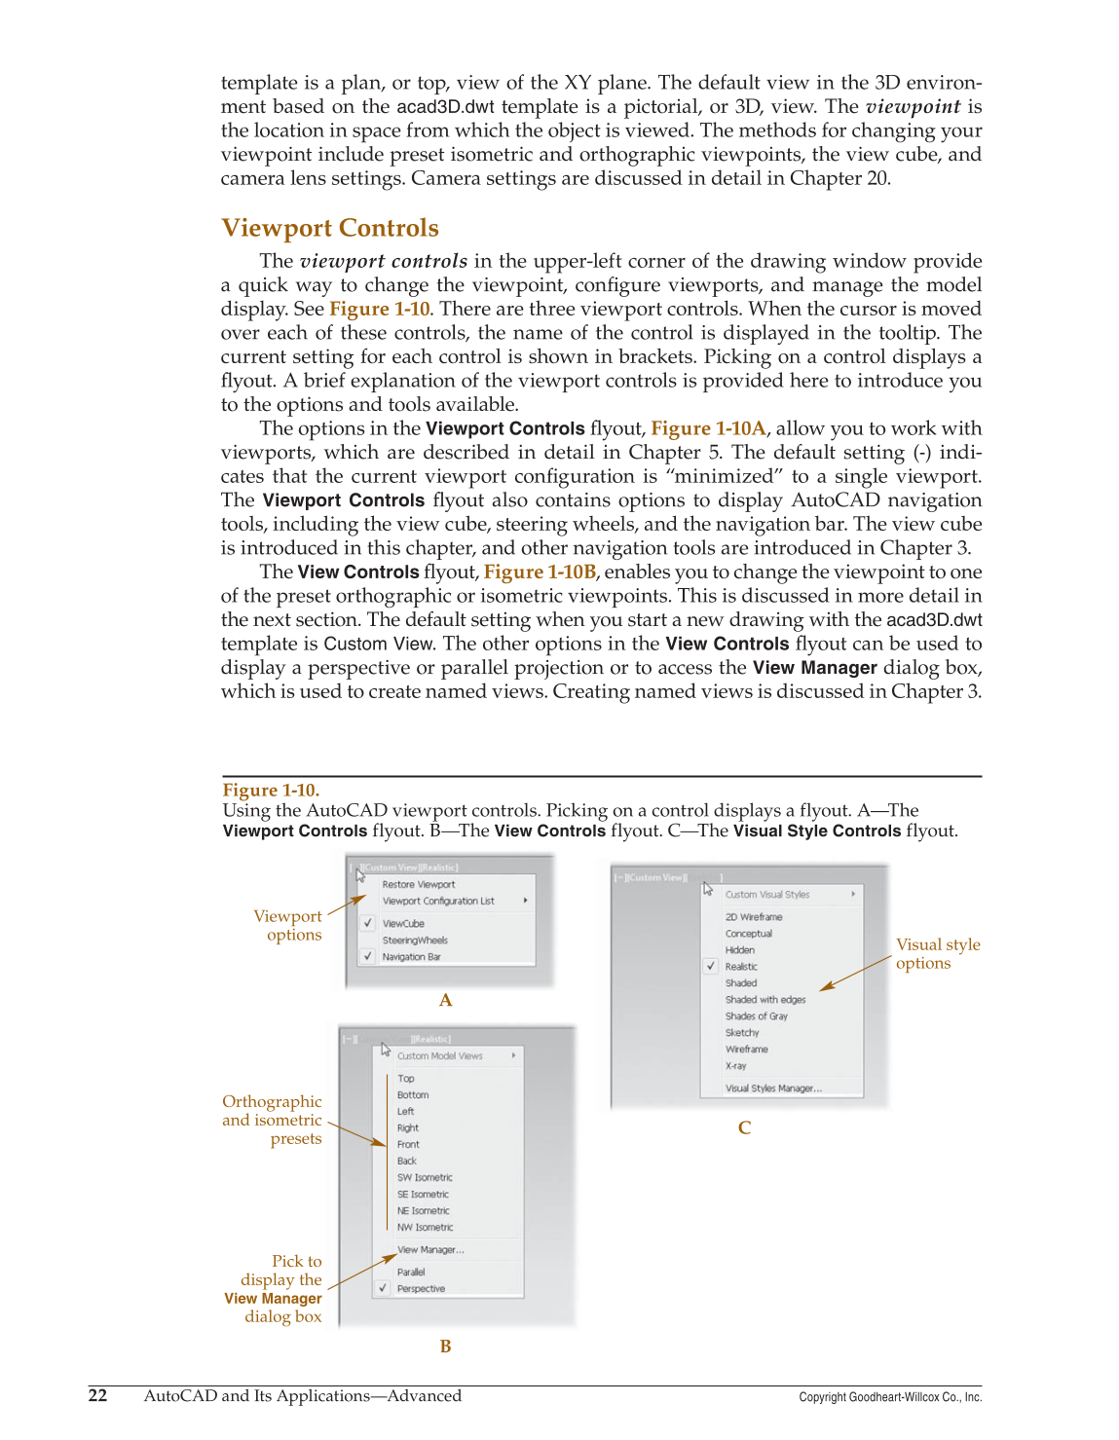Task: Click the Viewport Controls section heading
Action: [330, 228]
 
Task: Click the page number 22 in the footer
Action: [97, 1395]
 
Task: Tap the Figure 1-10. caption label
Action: [271, 790]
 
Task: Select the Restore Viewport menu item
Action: [418, 884]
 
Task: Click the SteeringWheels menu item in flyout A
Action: [414, 940]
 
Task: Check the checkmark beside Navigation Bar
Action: [368, 956]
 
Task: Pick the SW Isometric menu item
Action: [424, 1177]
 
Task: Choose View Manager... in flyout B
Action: [429, 1249]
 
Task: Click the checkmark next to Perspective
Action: [384, 1288]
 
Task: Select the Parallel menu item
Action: [410, 1272]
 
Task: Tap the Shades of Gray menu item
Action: [756, 1015]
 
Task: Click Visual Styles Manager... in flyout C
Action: [772, 1088]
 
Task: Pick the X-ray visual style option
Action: [735, 1065]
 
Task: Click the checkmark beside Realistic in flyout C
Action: [712, 966]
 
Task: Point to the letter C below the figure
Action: [744, 1127]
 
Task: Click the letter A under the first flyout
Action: [445, 1000]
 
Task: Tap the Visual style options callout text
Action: [937, 953]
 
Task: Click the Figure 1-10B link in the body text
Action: [540, 572]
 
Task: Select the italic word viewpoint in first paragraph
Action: [913, 106]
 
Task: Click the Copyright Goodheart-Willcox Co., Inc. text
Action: [889, 1397]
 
